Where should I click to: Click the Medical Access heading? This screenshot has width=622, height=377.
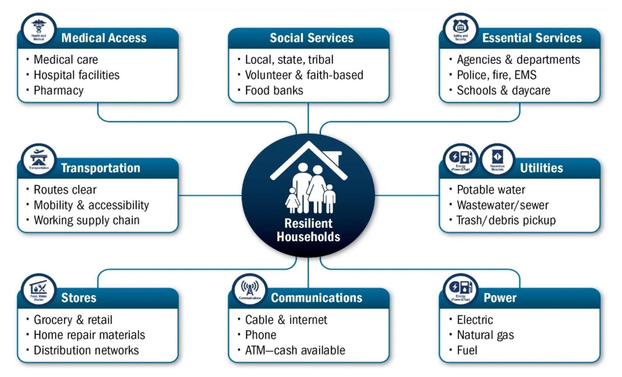(104, 38)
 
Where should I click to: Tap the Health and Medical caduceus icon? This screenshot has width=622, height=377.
(39, 30)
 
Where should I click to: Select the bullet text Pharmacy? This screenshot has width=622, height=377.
(58, 90)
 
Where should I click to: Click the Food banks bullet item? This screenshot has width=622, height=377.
(274, 90)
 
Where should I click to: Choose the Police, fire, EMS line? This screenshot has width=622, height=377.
(497, 75)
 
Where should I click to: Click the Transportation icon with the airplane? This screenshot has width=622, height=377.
(39, 159)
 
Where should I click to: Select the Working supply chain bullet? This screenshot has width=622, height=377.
(87, 220)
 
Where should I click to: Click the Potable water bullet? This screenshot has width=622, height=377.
(491, 190)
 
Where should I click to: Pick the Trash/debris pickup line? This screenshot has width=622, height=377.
(506, 220)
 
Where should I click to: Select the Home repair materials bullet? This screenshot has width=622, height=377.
(89, 335)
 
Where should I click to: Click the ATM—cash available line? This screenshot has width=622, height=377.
(295, 350)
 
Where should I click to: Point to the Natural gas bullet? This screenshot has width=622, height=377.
(485, 335)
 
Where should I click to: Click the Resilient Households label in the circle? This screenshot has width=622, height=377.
(308, 230)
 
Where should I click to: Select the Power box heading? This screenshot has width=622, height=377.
(500, 298)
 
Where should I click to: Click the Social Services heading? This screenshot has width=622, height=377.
(312, 38)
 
